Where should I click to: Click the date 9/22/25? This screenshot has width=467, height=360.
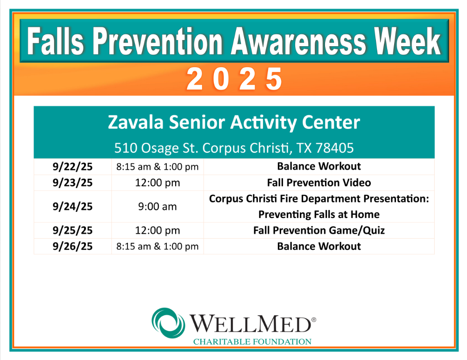(72, 166)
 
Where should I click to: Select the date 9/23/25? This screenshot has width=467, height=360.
(72, 183)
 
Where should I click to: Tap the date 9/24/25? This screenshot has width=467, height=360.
(72, 206)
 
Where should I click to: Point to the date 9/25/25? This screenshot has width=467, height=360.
(72, 230)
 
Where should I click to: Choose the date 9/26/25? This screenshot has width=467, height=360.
(72, 246)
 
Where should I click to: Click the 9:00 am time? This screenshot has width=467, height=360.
(157, 206)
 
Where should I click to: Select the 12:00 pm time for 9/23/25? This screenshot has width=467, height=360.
(157, 183)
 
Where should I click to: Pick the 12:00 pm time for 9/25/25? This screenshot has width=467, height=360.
(157, 230)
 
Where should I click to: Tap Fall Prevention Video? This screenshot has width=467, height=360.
(318, 183)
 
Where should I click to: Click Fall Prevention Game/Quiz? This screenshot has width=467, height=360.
(318, 230)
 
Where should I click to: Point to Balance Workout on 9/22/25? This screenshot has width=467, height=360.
(318, 166)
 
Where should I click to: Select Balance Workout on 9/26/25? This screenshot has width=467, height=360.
(318, 246)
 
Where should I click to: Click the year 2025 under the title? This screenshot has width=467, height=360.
(234, 79)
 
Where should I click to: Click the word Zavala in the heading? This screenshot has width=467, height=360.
(135, 122)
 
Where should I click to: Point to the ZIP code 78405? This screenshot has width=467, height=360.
(334, 148)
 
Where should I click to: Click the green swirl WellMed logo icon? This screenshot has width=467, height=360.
(168, 323)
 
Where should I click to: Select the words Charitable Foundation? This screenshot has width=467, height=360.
(252, 341)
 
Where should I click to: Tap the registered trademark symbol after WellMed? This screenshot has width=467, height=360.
(314, 320)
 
